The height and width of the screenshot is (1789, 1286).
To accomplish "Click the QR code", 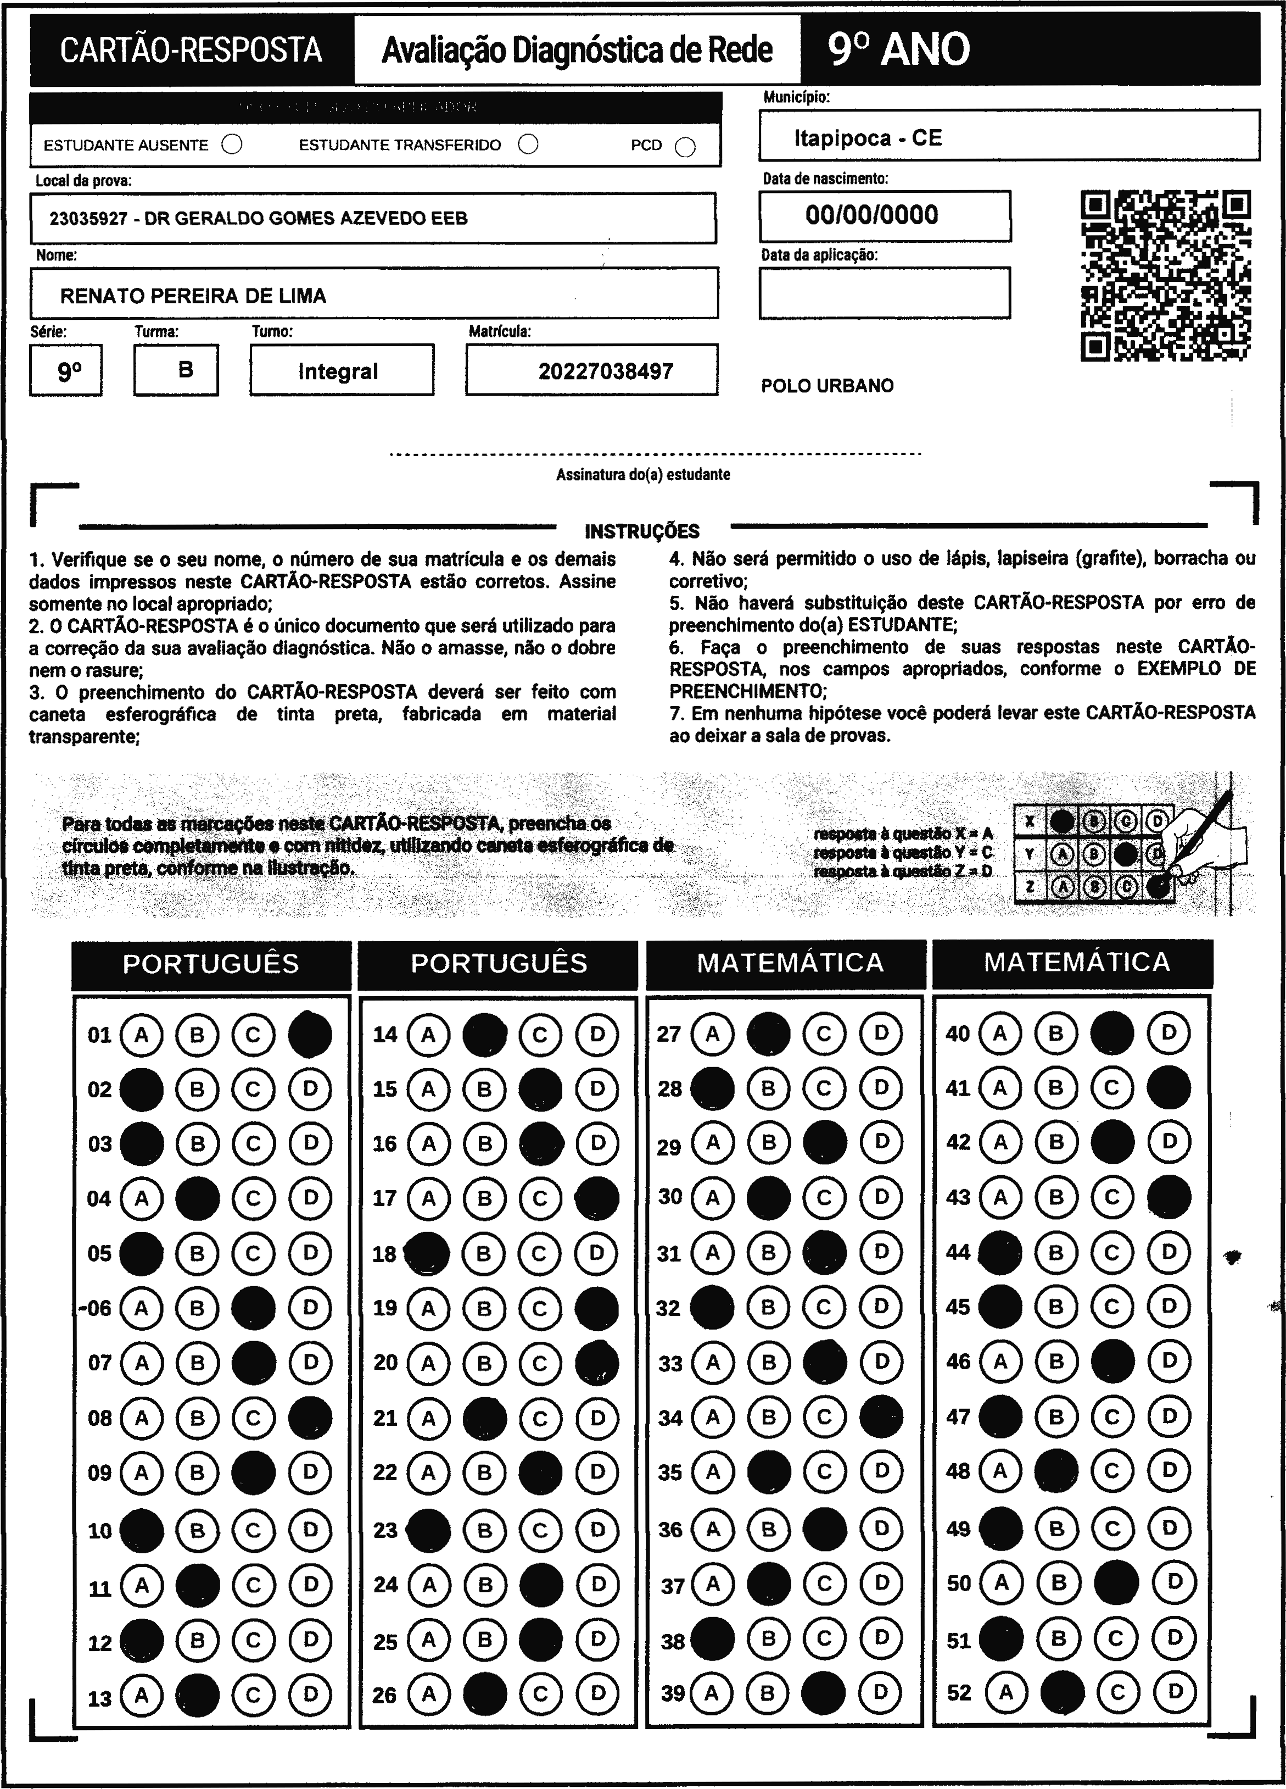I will click(x=1165, y=275).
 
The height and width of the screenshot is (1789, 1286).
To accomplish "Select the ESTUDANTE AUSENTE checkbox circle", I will click(x=232, y=145).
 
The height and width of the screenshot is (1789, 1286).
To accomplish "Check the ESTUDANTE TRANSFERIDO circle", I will click(x=528, y=145).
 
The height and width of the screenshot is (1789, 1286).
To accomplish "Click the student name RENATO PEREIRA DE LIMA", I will click(x=193, y=296).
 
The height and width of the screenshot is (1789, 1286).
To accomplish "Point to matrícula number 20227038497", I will click(x=606, y=371).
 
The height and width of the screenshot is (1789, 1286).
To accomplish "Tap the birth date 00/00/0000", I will click(x=871, y=214).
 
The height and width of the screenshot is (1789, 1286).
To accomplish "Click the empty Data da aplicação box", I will click(x=884, y=293).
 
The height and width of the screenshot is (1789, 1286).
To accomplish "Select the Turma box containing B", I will click(x=177, y=369).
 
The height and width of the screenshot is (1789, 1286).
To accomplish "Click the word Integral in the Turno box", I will click(x=338, y=371).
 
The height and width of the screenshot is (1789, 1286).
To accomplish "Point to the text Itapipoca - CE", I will click(x=868, y=138).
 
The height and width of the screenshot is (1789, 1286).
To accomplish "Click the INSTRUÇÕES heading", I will click(x=642, y=531).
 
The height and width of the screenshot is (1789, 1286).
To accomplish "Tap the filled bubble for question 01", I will click(x=310, y=1034).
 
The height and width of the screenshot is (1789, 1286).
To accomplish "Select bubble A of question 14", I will click(x=428, y=1034).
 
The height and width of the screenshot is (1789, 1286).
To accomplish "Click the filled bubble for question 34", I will click(x=881, y=1418).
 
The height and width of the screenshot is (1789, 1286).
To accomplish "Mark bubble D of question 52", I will click(x=1175, y=1691).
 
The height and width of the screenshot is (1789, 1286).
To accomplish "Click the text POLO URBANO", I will click(x=827, y=386).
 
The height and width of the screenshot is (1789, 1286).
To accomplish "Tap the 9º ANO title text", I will click(x=898, y=49).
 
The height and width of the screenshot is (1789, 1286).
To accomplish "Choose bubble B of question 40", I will click(x=1056, y=1032).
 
